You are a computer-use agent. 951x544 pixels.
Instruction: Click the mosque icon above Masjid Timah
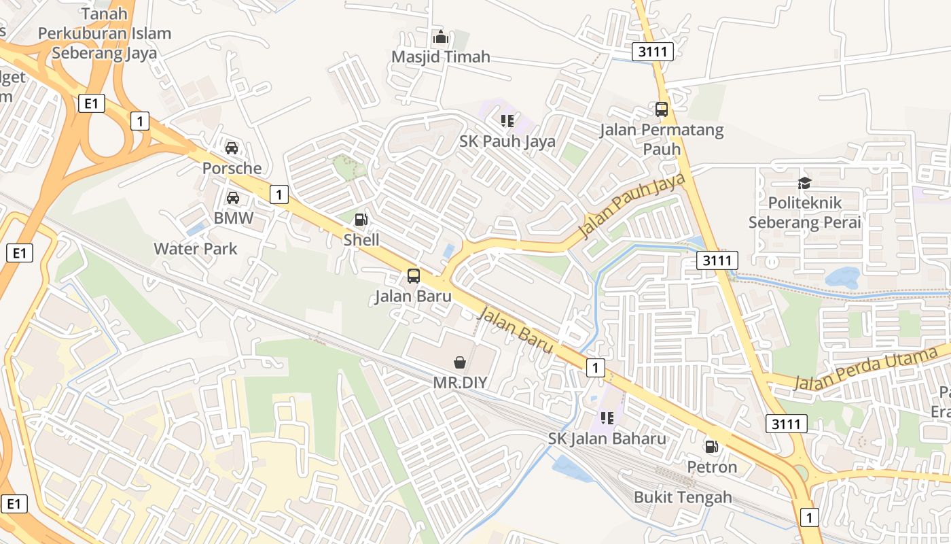(441, 37)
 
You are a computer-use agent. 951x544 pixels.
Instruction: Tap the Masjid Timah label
(441, 56)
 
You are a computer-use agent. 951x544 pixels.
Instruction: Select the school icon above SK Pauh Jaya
(507, 121)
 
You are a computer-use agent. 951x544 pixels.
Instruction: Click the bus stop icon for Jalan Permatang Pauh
(661, 109)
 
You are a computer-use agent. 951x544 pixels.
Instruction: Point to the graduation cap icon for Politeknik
(804, 183)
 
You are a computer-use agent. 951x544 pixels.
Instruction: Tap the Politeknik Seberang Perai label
(804, 212)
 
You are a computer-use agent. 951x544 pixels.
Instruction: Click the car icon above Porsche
(232, 148)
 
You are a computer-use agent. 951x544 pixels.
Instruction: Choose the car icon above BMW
(233, 198)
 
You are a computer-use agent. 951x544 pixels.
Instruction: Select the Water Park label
(196, 249)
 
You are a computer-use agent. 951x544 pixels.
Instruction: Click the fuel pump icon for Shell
(361, 220)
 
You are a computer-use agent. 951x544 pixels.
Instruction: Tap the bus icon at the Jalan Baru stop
(413, 276)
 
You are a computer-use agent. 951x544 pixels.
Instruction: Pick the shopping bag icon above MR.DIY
(460, 362)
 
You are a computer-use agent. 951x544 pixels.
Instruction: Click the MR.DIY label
(460, 382)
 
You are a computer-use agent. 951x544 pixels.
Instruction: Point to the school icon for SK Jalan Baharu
(607, 418)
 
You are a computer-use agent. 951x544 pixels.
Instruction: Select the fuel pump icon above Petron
(711, 447)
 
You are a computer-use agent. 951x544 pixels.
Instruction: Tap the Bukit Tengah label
(683, 497)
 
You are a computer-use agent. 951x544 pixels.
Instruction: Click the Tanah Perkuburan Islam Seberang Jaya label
(105, 33)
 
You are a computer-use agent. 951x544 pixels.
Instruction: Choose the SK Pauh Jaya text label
(507, 141)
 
